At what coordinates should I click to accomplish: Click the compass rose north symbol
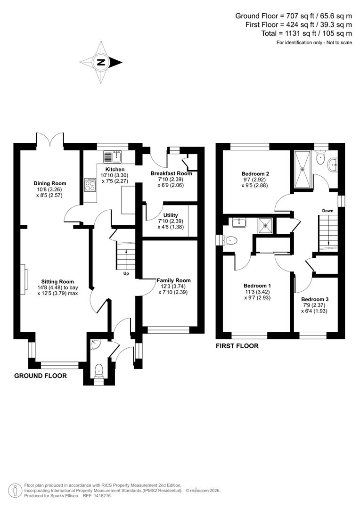pyautogui.click(x=100, y=62)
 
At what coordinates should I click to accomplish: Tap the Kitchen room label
pyautogui.click(x=115, y=170)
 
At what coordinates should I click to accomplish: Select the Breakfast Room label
pyautogui.click(x=171, y=173)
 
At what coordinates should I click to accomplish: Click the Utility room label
pyautogui.click(x=171, y=215)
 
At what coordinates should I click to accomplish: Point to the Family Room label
pyautogui.click(x=173, y=280)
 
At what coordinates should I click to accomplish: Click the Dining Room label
pyautogui.click(x=49, y=183)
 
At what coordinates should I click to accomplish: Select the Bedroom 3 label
pyautogui.click(x=315, y=299)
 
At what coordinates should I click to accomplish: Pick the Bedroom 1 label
pyautogui.click(x=257, y=286)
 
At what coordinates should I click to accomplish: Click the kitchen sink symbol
pyautogui.click(x=113, y=157)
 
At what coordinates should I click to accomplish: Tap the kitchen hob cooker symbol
pyautogui.click(x=90, y=185)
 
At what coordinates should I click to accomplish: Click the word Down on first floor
pyautogui.click(x=328, y=211)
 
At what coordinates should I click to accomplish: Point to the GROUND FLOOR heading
pyautogui.click(x=40, y=376)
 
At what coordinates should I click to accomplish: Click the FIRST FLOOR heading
pyautogui.click(x=237, y=346)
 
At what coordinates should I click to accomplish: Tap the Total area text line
pyautogui.click(x=306, y=33)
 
